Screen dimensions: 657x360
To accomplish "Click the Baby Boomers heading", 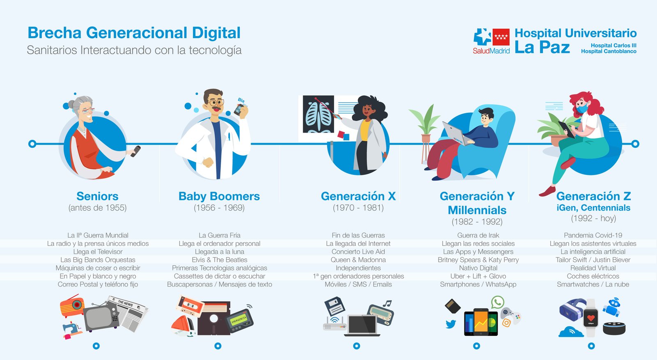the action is coord(219,196).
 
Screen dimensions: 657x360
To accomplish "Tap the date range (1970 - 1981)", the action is coord(358,208).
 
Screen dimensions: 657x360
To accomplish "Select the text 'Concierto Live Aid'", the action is coord(358,252).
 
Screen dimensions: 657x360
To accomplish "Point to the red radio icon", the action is coord(72,306).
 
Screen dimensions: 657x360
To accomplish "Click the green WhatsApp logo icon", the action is coord(497,302).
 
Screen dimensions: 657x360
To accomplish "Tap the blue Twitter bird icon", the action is coord(451,324).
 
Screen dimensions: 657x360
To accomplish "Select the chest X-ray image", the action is coord(318,114).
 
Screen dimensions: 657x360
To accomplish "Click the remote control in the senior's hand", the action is coord(136,151).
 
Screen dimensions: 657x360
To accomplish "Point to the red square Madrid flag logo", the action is coord(501,37).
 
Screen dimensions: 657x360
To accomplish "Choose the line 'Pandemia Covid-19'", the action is coord(593,235).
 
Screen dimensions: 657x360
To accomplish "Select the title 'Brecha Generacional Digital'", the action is coord(134,32).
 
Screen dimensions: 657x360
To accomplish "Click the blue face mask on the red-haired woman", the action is coord(581,108).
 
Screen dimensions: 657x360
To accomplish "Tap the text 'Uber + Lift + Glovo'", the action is coord(478,276).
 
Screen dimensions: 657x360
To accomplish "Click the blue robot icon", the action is coord(612,307).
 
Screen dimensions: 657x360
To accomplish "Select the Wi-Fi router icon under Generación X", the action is coord(335,323).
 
